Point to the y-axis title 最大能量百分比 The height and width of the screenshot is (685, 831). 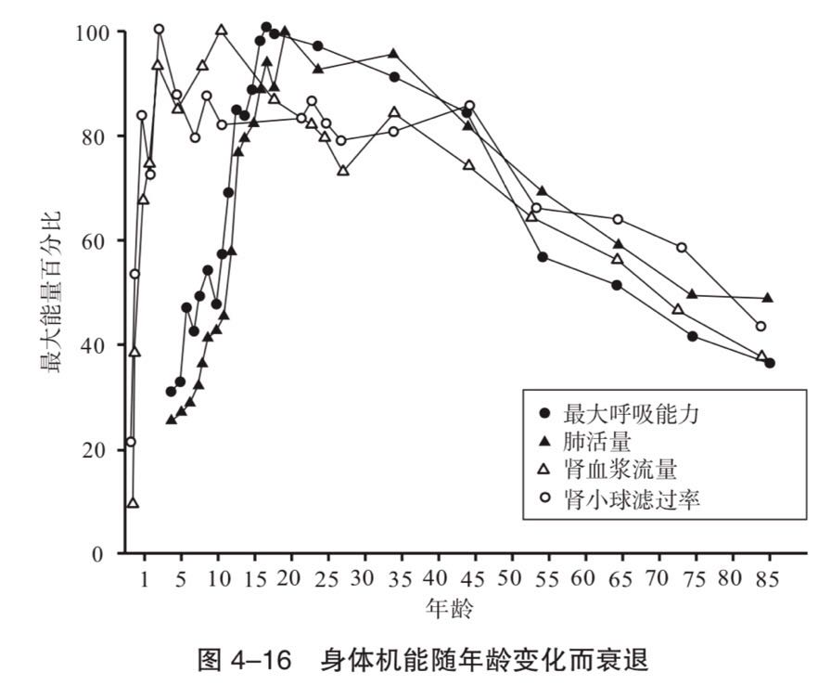coord(52,291)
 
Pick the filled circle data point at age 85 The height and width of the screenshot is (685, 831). coord(770,363)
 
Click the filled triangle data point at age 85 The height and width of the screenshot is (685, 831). coord(768,298)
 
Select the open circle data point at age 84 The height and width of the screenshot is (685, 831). coord(761,326)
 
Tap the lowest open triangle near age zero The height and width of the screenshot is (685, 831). coord(133,502)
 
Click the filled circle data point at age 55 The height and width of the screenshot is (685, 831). coord(543,256)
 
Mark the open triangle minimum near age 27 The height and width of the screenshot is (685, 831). coord(343,171)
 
